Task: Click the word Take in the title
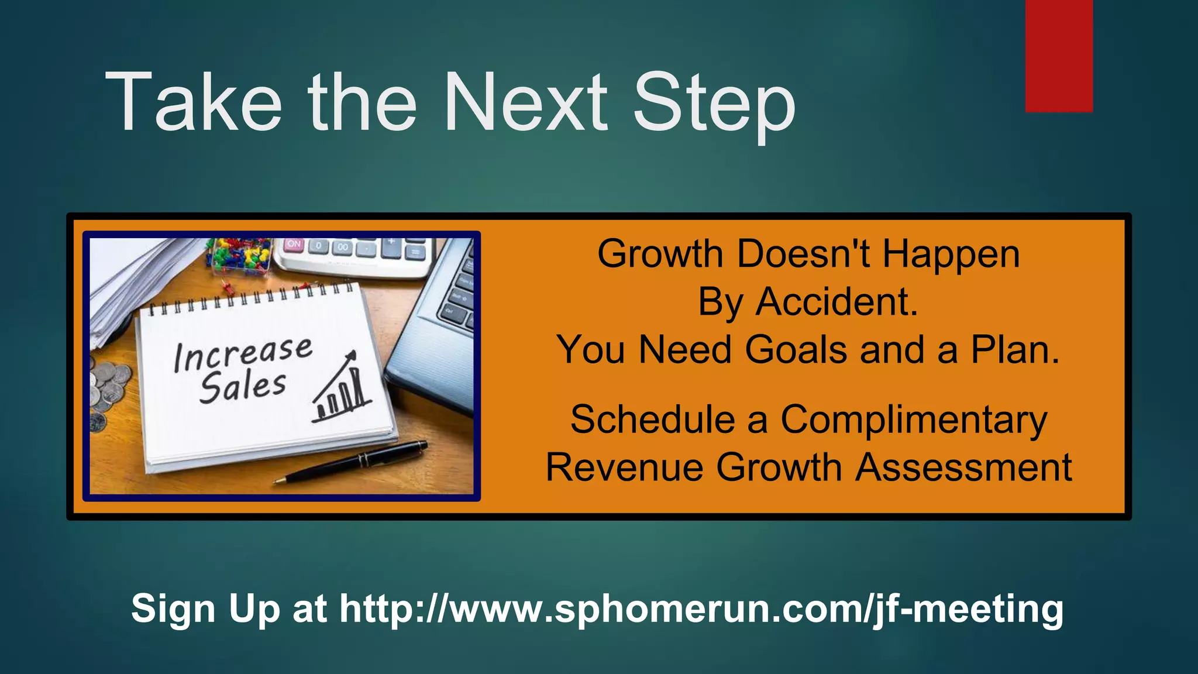pos(193,102)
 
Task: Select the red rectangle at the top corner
pos(1059,56)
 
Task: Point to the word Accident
pos(836,302)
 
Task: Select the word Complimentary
pos(914,420)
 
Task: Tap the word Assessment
pos(963,468)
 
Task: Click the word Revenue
pos(625,468)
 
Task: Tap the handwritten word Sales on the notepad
pos(242,387)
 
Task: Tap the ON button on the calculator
pos(294,244)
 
